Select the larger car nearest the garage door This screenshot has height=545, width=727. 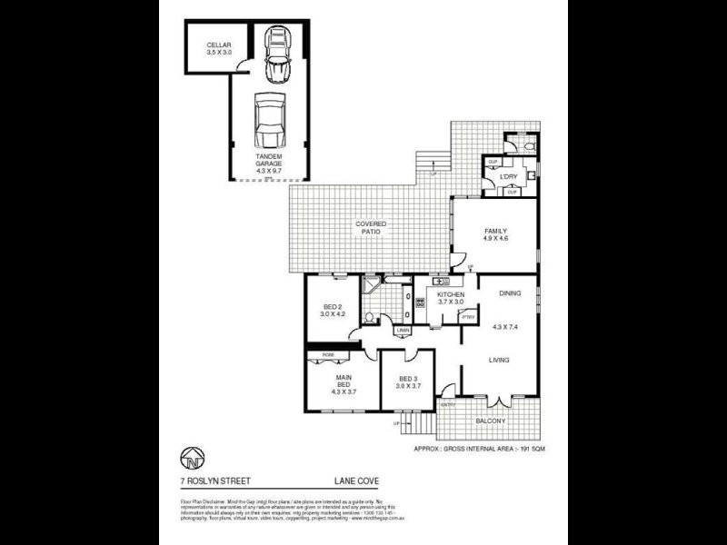[x=270, y=121]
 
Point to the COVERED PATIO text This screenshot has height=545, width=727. [x=371, y=228]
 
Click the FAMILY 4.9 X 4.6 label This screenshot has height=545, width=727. [x=495, y=235]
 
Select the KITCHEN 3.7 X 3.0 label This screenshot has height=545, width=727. [x=451, y=300]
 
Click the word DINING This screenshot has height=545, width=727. [x=509, y=293]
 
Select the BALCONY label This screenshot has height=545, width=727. [x=491, y=421]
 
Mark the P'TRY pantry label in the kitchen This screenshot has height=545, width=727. [x=470, y=316]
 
